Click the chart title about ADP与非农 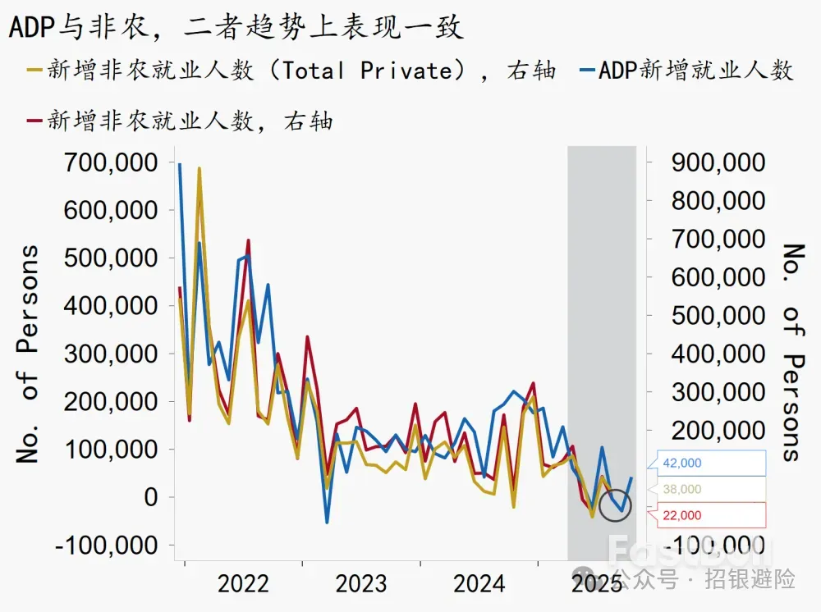[236, 26]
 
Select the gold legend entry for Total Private [291, 71]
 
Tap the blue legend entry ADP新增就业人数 [686, 71]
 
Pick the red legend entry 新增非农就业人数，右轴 [181, 121]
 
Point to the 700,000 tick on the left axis [111, 162]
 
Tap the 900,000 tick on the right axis [718, 162]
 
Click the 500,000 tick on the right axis [718, 316]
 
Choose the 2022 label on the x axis [243, 584]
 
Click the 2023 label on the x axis [361, 584]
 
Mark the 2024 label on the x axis [479, 584]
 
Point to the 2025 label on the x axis [598, 584]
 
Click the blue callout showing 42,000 [708, 464]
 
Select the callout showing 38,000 [708, 490]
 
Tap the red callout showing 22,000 [708, 515]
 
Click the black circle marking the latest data [615, 505]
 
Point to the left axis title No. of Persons [29, 354]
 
